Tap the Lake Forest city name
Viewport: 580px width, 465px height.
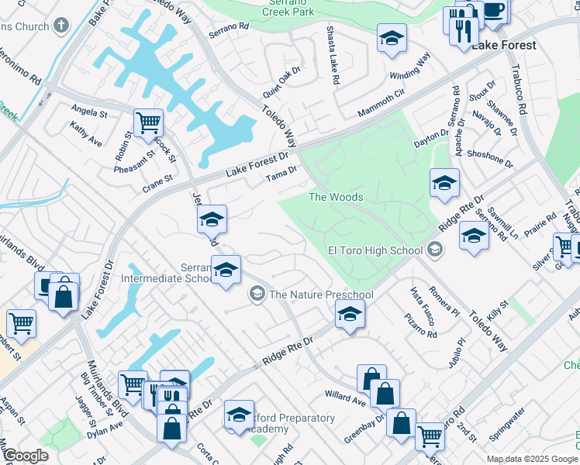click(503, 45)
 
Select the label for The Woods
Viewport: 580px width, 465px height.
click(336, 197)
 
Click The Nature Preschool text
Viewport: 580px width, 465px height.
click(321, 294)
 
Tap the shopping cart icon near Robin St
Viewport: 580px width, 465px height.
click(147, 122)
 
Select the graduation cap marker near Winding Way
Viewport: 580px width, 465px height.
click(392, 37)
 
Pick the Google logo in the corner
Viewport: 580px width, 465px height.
click(26, 456)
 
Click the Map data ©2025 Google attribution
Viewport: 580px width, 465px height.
click(531, 459)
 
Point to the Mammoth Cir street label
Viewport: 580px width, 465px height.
click(381, 103)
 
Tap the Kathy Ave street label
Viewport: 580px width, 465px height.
click(85, 133)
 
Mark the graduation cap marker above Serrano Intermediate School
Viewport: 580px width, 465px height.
click(211, 219)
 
